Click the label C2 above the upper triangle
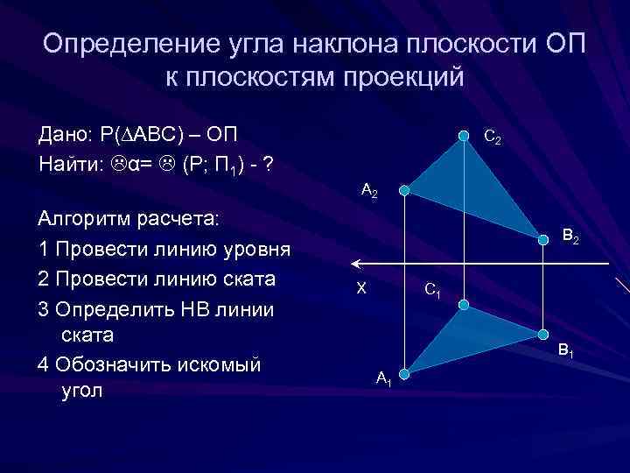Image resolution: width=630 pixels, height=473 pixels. pos(493,138)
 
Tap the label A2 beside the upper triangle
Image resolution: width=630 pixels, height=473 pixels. pos(369,191)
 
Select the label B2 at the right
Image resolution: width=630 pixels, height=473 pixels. pos(570,236)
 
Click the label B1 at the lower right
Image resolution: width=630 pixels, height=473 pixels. pos(566,351)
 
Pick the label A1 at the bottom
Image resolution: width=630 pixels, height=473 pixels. pos(384,378)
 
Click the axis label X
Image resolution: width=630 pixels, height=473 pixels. pos(360,288)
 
